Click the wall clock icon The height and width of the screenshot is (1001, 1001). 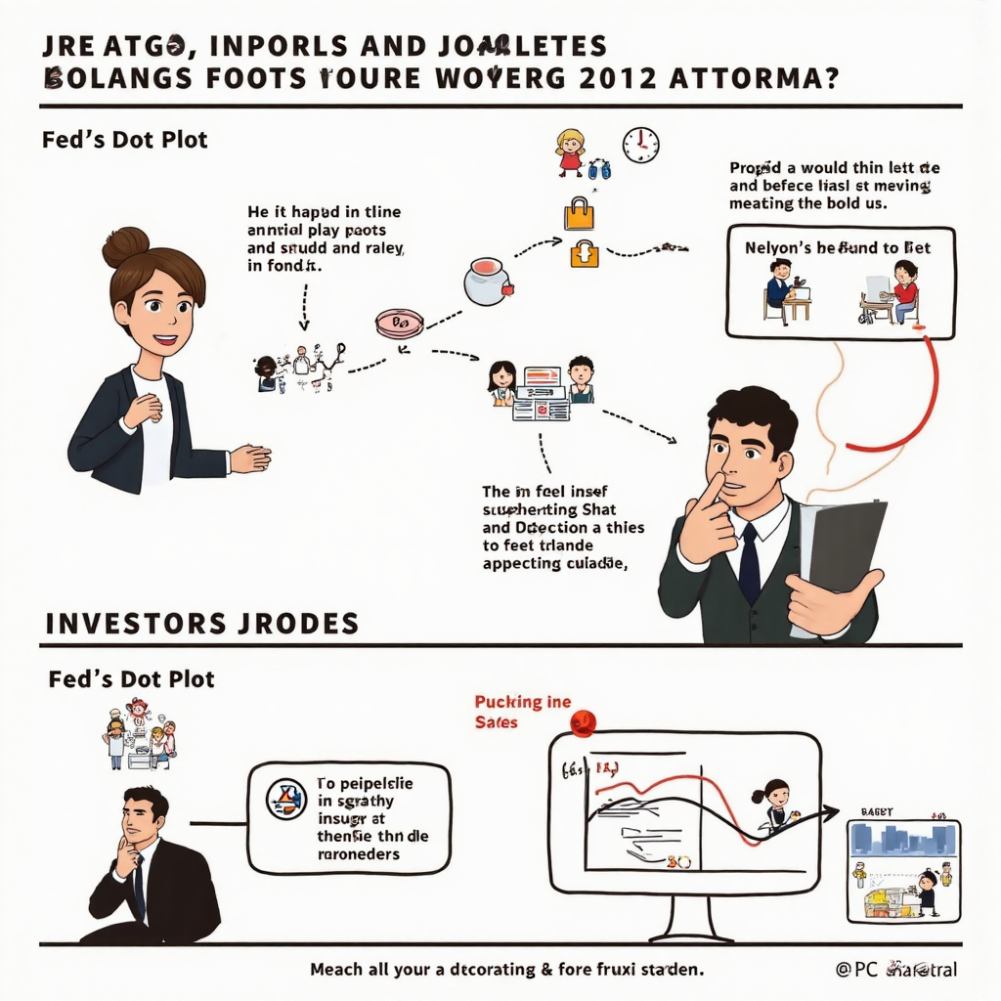point(640,145)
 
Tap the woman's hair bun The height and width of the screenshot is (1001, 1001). point(125,245)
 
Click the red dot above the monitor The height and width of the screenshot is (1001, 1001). point(582,722)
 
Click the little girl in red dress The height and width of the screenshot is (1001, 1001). point(569,152)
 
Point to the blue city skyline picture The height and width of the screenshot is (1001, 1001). point(902,840)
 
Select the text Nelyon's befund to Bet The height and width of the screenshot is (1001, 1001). point(838,247)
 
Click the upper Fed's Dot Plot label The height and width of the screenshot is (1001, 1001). point(125,140)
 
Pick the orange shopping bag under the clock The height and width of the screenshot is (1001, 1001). point(579,213)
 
